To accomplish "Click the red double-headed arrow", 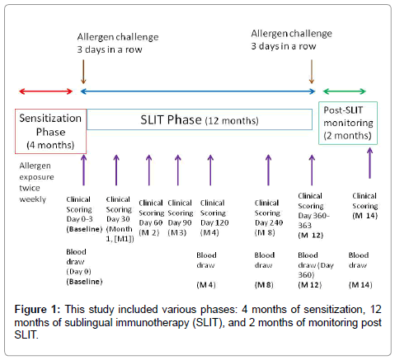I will tap(43, 92).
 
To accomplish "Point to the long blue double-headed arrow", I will tap(198, 92).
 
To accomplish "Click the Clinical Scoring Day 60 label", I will tap(151, 213).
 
